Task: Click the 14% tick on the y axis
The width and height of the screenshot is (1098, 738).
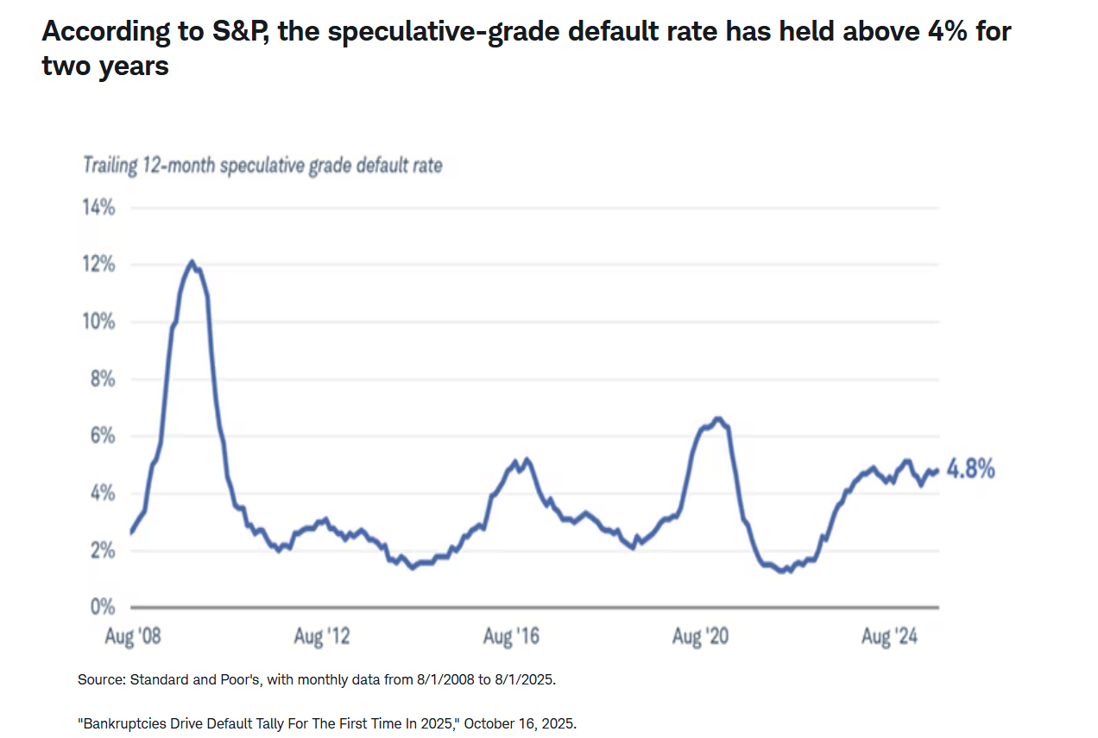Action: pos(99,208)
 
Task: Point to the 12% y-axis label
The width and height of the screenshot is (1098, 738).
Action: pos(99,265)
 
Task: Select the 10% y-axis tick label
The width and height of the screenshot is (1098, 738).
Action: pos(99,322)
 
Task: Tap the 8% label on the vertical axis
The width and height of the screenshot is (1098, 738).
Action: pos(103,379)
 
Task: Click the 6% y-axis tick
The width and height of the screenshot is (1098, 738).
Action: pos(103,436)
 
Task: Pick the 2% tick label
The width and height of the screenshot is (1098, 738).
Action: pos(103,550)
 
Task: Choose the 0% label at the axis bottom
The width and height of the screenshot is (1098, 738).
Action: pos(103,607)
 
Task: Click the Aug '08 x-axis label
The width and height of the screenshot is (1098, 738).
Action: pos(133,638)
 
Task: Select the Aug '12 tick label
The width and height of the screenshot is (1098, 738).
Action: pos(322,638)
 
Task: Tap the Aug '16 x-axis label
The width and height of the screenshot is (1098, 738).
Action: pos(511,638)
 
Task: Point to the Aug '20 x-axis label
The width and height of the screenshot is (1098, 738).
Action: pos(701,638)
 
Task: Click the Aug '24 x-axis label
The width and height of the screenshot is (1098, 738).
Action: pos(889,638)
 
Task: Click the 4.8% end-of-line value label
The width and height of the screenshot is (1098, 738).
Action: pos(971,470)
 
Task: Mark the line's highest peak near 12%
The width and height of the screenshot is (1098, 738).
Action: pos(192,262)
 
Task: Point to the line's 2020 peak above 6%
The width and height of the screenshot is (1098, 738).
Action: pos(717,419)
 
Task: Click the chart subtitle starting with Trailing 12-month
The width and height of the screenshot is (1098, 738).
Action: pos(262,165)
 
